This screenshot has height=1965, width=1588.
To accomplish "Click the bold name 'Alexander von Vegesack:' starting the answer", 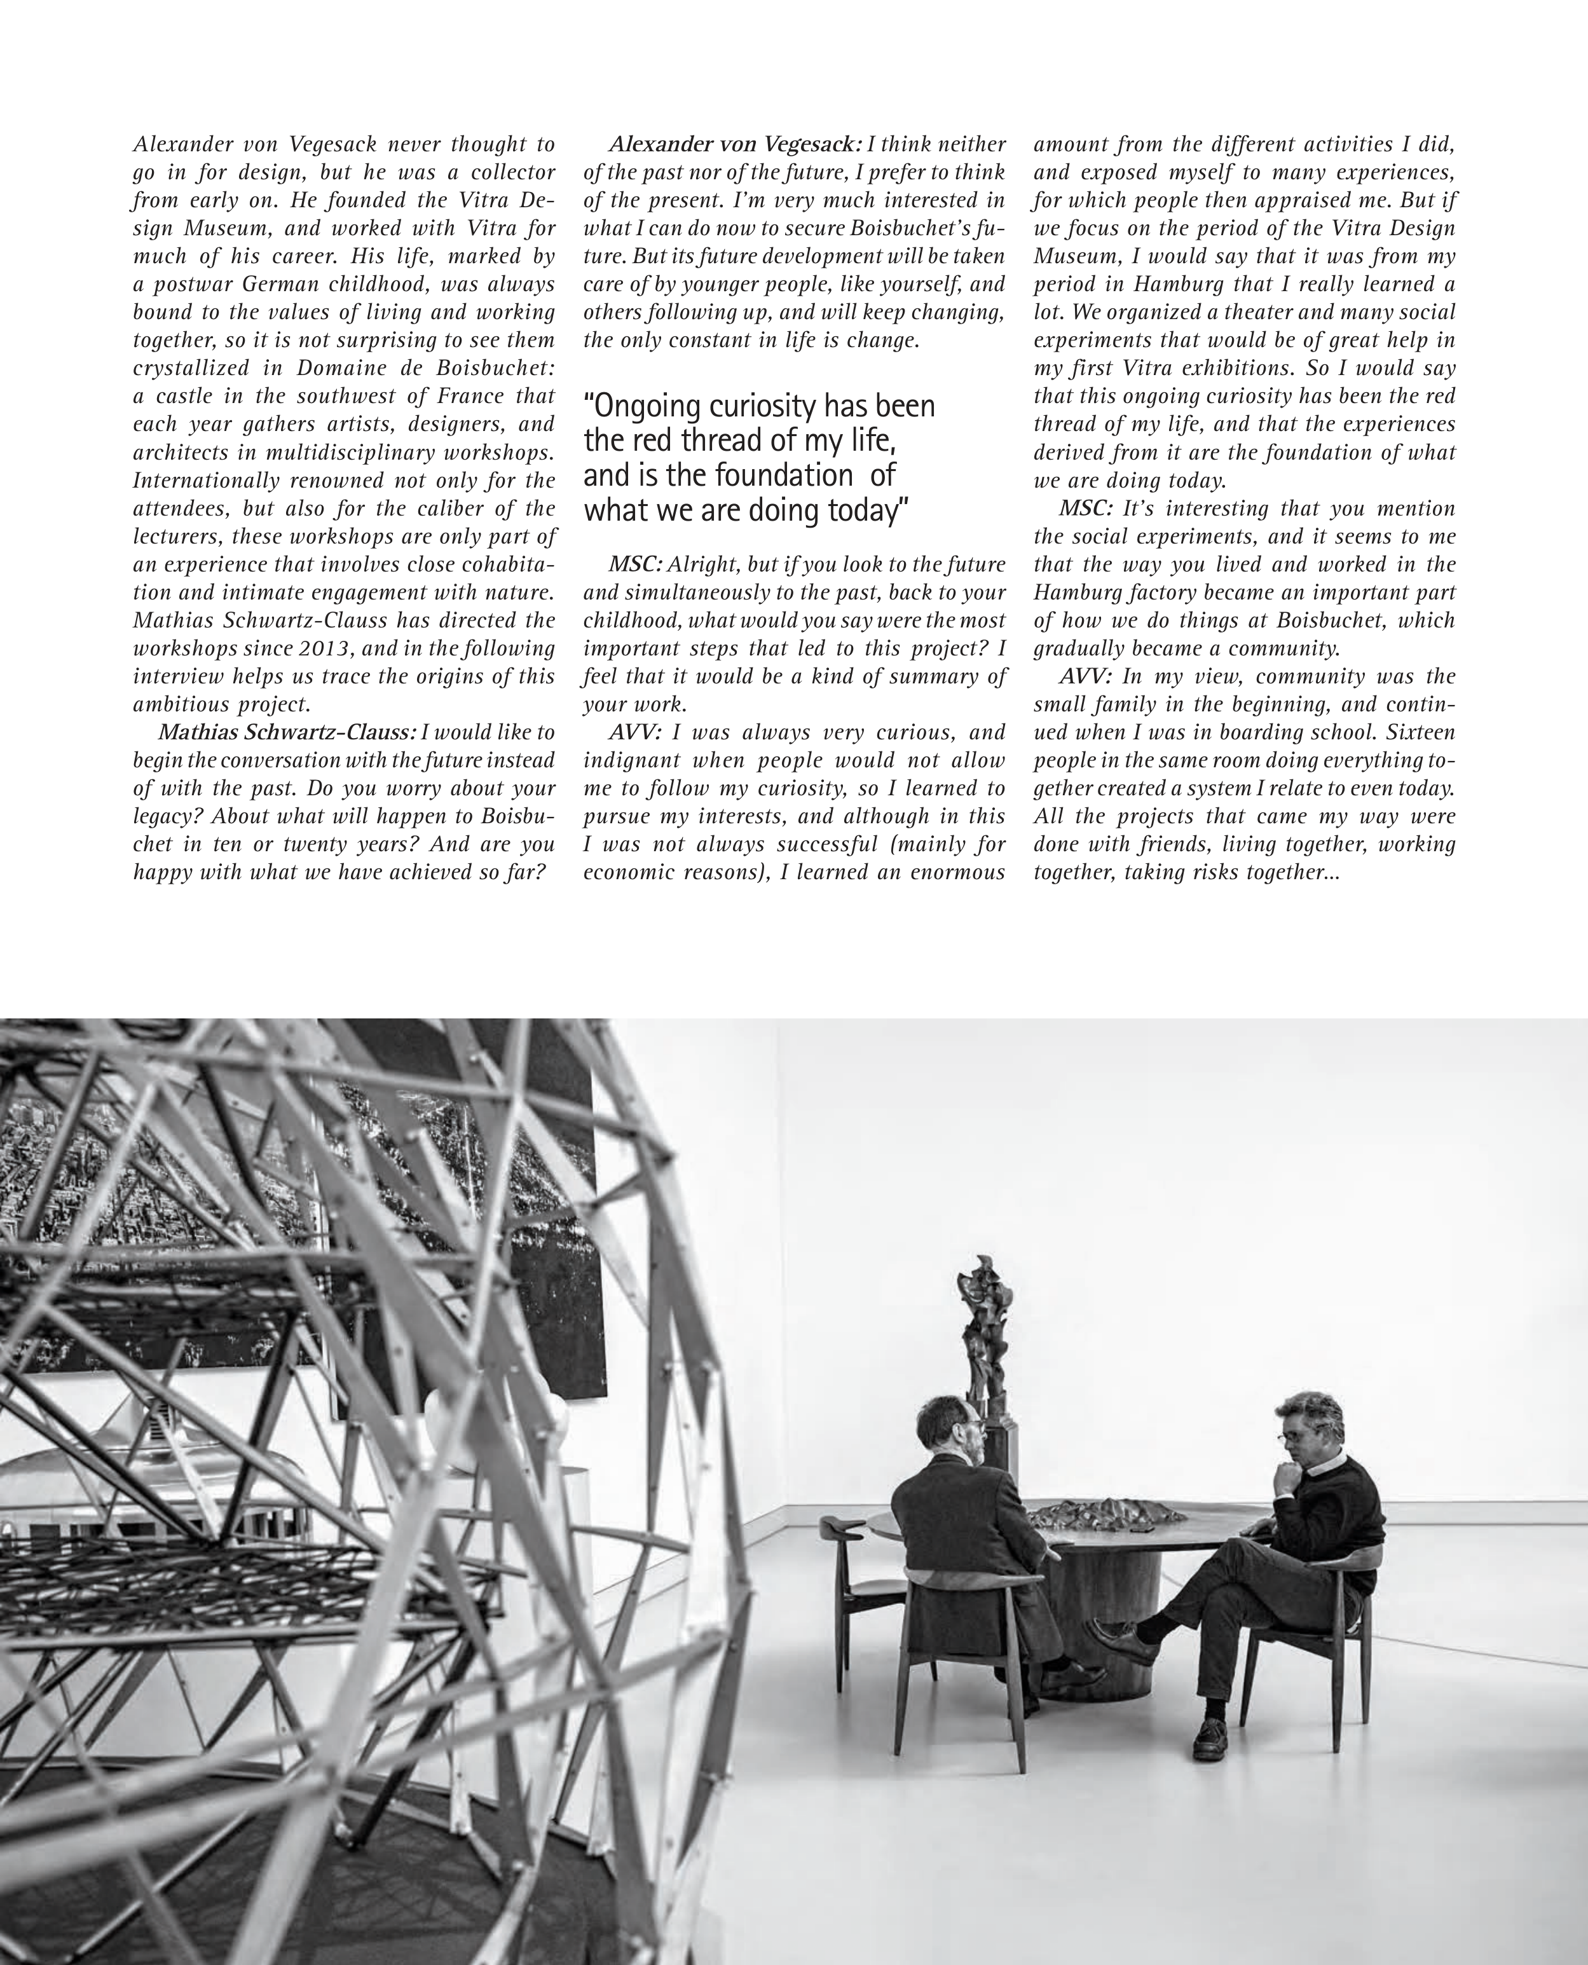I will [x=736, y=144].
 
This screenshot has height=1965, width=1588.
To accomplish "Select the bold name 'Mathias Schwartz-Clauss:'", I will [x=288, y=733].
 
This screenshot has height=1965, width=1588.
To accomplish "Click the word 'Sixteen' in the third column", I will [x=1421, y=733].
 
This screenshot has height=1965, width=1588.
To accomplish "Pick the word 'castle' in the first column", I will [x=185, y=396].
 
